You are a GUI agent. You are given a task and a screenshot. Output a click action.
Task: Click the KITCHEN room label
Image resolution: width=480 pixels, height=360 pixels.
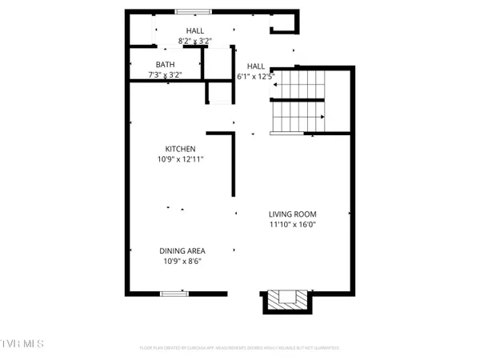pos(180,149)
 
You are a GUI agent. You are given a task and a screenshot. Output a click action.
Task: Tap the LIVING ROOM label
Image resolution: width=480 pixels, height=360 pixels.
pos(292,214)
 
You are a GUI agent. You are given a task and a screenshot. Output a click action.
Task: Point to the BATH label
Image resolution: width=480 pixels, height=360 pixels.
pos(165,65)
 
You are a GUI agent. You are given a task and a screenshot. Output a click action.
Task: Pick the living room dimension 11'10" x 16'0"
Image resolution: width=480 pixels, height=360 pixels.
pos(292,226)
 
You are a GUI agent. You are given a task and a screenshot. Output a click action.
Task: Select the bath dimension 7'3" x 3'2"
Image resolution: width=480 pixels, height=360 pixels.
pos(165,75)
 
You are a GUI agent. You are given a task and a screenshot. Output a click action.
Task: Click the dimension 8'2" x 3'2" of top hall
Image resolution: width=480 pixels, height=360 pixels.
pos(195,41)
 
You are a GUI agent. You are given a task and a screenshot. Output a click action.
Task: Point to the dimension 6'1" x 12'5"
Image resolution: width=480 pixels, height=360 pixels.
pos(256,77)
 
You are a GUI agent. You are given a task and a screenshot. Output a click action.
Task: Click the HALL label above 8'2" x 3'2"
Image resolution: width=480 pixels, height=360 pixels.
pos(195,30)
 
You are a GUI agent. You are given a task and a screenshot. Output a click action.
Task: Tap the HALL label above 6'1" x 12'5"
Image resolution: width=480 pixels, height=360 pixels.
pos(256,66)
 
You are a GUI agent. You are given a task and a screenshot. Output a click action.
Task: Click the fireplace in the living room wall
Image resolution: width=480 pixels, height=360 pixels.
pos(285,301)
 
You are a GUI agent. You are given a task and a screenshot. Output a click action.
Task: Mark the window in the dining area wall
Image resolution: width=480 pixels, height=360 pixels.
pos(174,294)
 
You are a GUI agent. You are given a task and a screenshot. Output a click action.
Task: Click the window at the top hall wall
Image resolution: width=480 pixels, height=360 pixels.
pos(194,11)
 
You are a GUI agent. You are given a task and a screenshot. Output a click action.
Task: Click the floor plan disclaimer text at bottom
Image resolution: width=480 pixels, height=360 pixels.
pos(240,348)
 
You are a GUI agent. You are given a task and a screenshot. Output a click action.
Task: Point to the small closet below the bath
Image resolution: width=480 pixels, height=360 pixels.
pos(219,92)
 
